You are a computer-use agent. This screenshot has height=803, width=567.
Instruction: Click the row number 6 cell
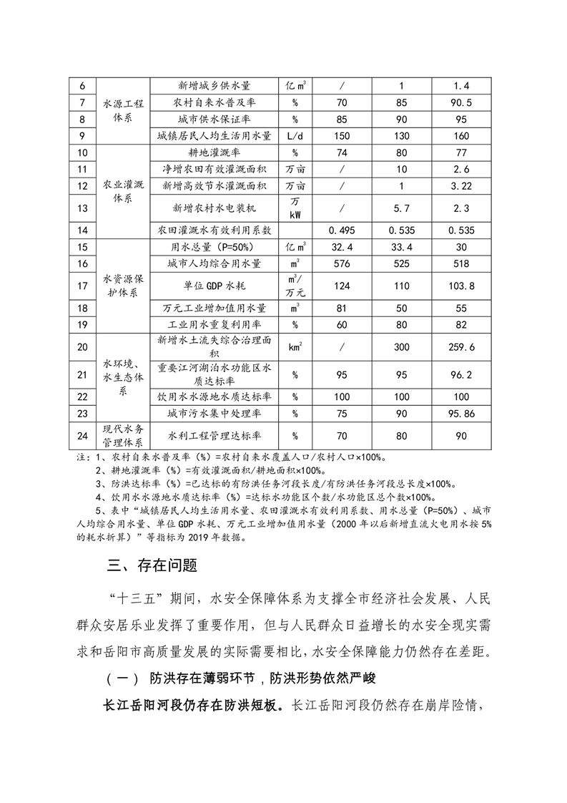coord(81,86)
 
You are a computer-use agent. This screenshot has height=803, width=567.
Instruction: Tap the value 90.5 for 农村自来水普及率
coord(462,102)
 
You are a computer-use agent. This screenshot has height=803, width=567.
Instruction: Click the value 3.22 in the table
coord(462,186)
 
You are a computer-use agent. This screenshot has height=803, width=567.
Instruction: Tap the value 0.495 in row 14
coord(342,230)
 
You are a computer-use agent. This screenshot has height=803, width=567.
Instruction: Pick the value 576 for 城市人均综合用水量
coord(342,264)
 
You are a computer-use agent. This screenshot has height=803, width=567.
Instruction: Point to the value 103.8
coord(462,286)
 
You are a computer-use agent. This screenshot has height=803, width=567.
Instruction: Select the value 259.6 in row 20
coord(462,347)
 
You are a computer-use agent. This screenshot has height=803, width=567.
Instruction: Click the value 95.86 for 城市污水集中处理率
coord(462,413)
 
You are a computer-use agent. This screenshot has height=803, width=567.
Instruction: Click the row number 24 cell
coord(81,434)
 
